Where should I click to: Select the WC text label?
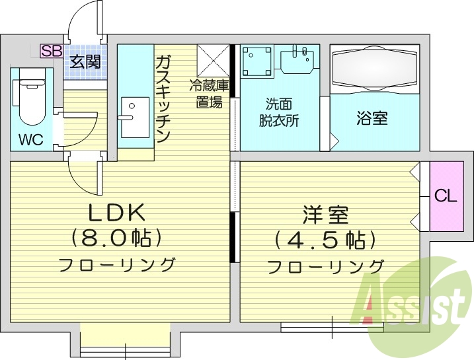point(31,140)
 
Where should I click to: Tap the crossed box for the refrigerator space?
point(213,60)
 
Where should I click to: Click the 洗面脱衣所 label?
point(278,112)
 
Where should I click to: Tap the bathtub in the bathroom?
point(374,66)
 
